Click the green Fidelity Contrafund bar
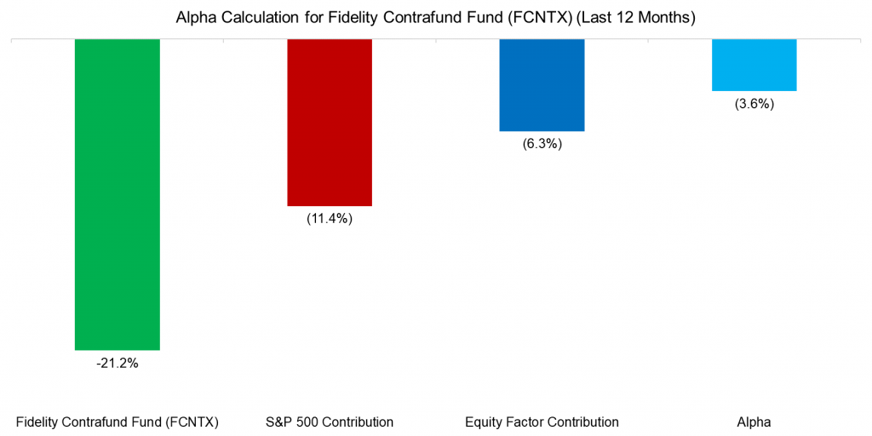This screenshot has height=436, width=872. click(118, 194)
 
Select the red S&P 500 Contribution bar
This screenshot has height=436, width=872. click(330, 122)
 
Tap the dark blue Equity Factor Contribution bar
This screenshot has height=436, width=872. click(542, 85)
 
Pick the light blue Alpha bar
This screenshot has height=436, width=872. click(754, 65)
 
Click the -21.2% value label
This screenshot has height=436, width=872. click(118, 364)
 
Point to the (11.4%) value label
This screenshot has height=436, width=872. click(330, 219)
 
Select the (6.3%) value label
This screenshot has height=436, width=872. click(542, 144)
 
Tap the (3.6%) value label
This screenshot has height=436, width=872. click(754, 104)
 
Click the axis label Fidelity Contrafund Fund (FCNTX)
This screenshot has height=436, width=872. click(118, 422)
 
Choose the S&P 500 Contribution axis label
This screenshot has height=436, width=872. click(330, 422)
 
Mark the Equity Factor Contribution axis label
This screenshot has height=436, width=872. click(542, 422)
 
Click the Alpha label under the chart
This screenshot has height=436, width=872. click(754, 422)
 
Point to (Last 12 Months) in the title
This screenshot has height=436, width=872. click(636, 18)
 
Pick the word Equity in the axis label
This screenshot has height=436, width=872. click(483, 422)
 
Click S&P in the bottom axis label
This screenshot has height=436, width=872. click(278, 422)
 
